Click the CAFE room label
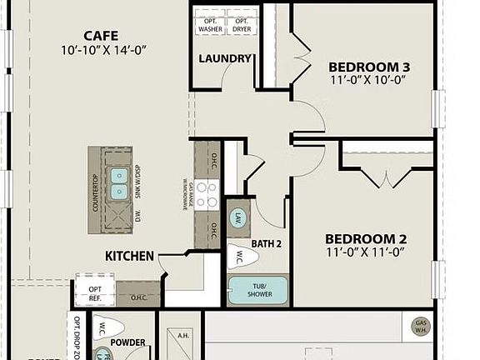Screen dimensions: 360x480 (x=101, y=36)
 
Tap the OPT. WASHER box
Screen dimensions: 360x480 (x=210, y=25)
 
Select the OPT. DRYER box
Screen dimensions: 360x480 (x=241, y=25)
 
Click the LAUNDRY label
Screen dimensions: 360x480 (x=225, y=59)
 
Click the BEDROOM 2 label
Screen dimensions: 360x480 (x=365, y=237)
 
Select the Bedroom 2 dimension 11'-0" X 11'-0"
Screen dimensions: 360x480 (x=365, y=251)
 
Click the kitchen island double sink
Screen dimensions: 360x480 (x=119, y=183)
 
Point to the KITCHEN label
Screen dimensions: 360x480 (x=129, y=256)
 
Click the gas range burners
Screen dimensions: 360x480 (x=206, y=194)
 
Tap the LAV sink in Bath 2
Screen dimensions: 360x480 (x=237, y=219)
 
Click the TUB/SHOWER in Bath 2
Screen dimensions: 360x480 (x=257, y=290)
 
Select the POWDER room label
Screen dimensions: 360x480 (x=127, y=342)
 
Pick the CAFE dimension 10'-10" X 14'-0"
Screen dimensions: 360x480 (x=105, y=50)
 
